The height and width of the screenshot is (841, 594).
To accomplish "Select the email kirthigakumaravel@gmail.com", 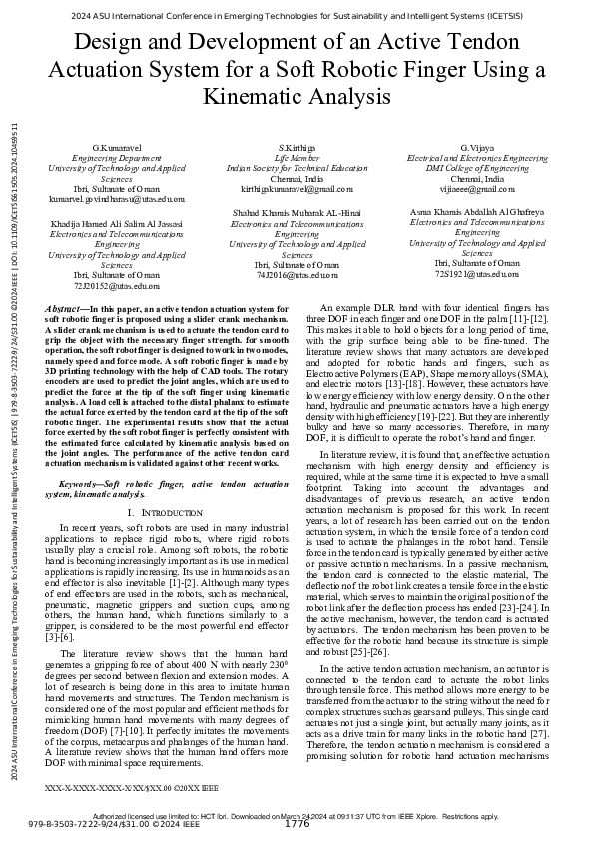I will [297, 188].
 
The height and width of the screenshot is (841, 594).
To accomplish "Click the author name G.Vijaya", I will [477, 148].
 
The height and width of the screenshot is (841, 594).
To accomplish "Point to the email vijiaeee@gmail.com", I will [477, 188].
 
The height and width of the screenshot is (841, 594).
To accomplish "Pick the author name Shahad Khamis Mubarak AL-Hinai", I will [297, 213].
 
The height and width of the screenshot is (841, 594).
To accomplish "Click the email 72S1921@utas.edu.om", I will [477, 273].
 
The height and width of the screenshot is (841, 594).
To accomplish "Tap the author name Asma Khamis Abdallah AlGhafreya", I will [477, 213].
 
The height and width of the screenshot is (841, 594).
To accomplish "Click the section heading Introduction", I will [165, 512].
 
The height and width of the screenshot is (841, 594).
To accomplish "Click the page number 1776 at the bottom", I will [297, 824].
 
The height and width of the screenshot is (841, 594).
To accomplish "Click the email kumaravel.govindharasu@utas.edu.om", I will [117, 200].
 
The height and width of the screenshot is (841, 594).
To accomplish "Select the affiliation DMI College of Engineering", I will [477, 168].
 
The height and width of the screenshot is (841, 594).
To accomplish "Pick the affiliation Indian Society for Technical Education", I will [297, 168].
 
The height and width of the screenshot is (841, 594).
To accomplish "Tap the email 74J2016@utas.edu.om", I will [297, 273].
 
